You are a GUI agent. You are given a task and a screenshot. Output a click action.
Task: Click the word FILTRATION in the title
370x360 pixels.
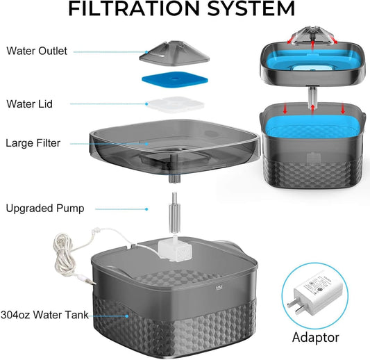coord(134,8)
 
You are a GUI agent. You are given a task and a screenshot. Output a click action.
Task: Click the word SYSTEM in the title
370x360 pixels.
coord(251,8)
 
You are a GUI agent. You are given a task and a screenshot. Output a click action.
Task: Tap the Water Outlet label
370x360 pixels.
coord(37,51)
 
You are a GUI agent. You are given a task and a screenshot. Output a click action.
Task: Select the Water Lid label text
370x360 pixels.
coord(29,104)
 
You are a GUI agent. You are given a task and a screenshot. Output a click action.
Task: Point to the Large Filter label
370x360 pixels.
coord(33,143)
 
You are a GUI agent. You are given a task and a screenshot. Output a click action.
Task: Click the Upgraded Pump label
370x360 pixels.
coord(45,208)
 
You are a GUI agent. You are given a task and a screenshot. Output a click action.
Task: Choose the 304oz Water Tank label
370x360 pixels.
coord(44,315)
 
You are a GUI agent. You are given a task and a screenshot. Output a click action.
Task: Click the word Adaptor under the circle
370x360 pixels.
coord(316,338)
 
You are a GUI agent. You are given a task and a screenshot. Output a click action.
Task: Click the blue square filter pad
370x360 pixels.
coord(175,79)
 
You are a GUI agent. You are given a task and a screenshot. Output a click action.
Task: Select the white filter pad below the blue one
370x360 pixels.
coord(175,105)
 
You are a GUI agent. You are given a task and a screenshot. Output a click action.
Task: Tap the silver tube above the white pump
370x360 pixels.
coord(175,213)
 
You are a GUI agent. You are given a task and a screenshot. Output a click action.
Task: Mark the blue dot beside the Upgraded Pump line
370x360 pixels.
coord(146,209)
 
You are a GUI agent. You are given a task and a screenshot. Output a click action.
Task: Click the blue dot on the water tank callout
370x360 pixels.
coord(127,316)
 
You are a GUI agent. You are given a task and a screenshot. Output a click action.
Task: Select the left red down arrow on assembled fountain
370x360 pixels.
coord(285,109)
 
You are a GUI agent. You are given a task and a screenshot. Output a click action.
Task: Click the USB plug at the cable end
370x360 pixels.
coord(90,281)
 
